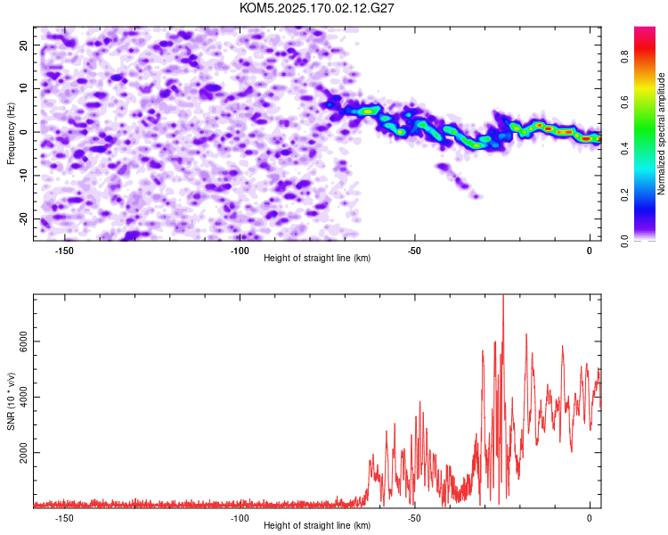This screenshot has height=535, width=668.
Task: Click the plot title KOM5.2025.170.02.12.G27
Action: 316,8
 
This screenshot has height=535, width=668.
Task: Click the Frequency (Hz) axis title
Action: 11,134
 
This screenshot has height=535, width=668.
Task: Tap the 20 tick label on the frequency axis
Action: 24,45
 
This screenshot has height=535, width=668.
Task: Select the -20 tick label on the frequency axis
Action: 24,219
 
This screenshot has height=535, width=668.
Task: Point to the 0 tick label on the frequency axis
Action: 24,132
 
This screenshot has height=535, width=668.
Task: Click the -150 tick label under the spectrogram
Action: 64,251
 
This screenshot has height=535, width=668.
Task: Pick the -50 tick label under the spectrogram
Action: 414,251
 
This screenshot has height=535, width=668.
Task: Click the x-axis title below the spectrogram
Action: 317,258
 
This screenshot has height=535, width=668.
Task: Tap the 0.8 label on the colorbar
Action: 624,56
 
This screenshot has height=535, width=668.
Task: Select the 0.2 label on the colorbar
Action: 624,194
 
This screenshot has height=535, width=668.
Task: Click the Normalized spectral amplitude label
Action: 661,134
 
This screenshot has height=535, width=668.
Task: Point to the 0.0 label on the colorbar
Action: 624,241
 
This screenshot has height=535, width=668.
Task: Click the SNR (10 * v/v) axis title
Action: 11,401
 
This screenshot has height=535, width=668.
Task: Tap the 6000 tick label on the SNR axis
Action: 24,342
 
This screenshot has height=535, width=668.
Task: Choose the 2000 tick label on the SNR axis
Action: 24,453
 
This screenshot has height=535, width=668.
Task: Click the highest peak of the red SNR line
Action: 503,295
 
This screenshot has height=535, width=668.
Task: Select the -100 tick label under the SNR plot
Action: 240,518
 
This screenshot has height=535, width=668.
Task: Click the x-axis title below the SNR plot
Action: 317,525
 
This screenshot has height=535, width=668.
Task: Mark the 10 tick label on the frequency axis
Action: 24,88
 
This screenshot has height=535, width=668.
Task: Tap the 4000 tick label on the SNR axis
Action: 24,397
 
